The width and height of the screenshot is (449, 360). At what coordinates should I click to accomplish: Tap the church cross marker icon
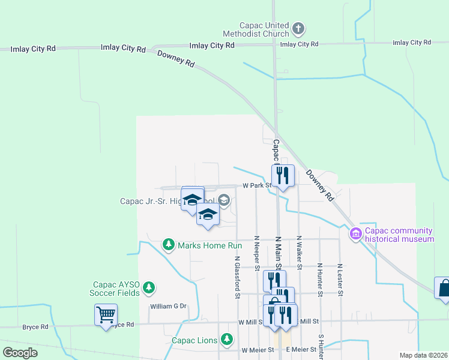pyautogui.click(x=299, y=28)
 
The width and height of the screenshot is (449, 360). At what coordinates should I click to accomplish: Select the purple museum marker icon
pyautogui.click(x=356, y=233)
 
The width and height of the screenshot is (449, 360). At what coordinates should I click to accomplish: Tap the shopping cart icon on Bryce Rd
pyautogui.click(x=106, y=314)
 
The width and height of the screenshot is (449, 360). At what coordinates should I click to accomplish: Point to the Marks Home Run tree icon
pyautogui.click(x=169, y=245)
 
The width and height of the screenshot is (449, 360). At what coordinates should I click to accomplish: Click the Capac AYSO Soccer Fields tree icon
pyautogui.click(x=149, y=289)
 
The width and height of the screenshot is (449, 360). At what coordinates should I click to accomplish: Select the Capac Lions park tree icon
pyautogui.click(x=226, y=340)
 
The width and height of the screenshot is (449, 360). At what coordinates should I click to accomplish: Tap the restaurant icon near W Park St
pyautogui.click(x=282, y=175)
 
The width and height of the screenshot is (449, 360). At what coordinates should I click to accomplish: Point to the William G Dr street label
pyautogui.click(x=169, y=306)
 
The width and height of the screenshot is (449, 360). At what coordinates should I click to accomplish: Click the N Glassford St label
pyautogui.click(x=238, y=278)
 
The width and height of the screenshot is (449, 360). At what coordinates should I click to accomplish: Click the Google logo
pyautogui.click(x=20, y=352)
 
